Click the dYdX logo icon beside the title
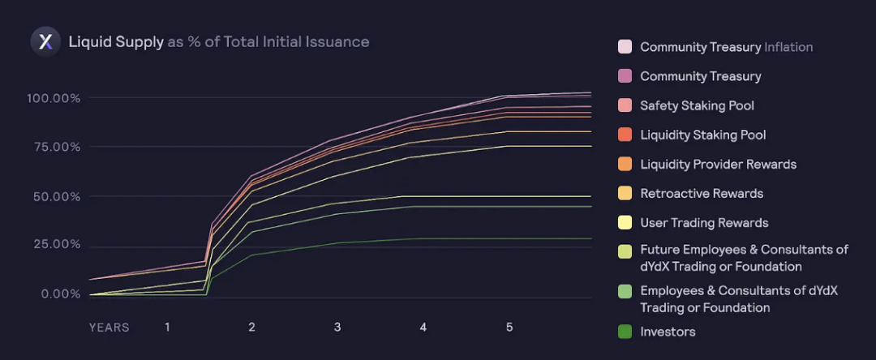click(x=45, y=42)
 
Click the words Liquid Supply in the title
click(x=116, y=42)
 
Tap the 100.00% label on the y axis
click(x=54, y=98)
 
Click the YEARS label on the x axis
click(x=109, y=328)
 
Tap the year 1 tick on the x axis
click(x=166, y=328)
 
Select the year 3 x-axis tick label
click(x=337, y=328)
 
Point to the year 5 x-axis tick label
click(x=509, y=328)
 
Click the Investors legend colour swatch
click(x=625, y=332)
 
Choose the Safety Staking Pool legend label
click(x=698, y=105)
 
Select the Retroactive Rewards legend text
click(x=702, y=194)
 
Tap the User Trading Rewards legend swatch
click(x=625, y=223)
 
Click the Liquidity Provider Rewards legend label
click(x=719, y=164)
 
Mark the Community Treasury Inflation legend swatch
click(x=625, y=47)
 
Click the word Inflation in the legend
click(x=788, y=47)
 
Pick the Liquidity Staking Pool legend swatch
click(x=625, y=135)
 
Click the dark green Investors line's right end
click(x=591, y=238)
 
